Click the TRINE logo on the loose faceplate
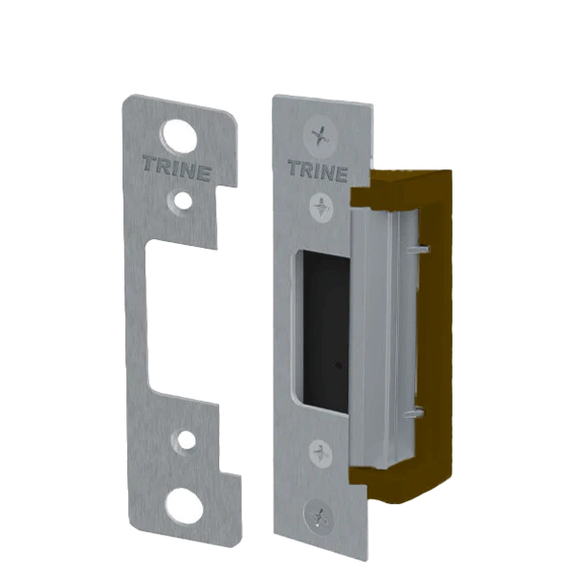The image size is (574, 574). (177, 168)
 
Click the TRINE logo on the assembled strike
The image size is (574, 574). (318, 170)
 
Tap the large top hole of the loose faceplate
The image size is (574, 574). (180, 136)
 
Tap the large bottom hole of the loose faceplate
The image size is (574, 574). (185, 505)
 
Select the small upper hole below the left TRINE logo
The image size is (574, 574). (183, 201)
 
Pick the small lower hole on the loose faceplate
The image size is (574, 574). (187, 440)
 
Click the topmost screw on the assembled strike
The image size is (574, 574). (320, 136)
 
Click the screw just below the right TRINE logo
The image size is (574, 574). (321, 208)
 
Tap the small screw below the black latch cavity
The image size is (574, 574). (320, 453)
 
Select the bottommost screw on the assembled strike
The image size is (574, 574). (319, 517)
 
